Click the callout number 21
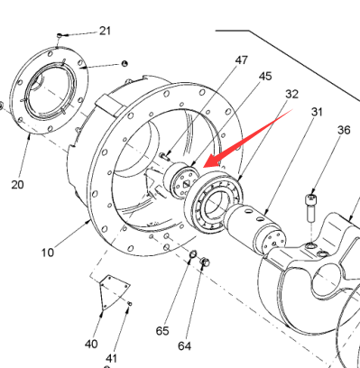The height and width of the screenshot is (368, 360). point(105,31)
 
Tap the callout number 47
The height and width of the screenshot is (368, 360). point(241,60)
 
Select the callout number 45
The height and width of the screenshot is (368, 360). point(265,77)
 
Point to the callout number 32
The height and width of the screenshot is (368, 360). point(291,94)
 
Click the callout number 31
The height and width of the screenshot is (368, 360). point(317,112)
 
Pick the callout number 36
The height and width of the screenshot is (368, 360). point(344,130)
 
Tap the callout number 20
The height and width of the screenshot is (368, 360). point(17,184)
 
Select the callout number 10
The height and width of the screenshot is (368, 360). point(48,253)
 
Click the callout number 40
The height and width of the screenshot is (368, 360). point(91,344)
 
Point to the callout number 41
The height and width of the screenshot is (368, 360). point(112,358)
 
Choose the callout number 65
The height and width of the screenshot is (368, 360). point(162,331)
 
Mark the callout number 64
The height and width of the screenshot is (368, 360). point(184,346)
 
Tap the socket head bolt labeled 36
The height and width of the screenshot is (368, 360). point(311,208)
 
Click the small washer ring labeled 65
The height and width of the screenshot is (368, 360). point(193,255)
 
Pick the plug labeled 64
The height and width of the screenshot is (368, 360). point(205,262)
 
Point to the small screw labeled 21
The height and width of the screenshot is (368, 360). point(60,36)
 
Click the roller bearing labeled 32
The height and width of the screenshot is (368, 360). point(213,201)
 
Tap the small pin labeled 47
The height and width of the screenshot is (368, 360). point(164,156)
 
